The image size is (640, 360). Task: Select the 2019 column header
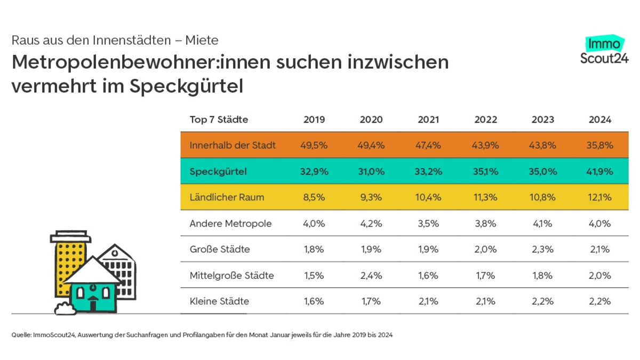(x=314, y=119)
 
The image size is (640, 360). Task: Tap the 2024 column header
(x=599, y=119)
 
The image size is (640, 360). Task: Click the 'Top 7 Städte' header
(x=219, y=119)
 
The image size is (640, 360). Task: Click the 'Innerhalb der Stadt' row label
(x=233, y=146)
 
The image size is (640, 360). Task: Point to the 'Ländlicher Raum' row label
(x=227, y=197)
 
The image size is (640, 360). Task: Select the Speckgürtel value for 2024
(x=599, y=172)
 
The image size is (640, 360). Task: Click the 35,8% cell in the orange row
(x=599, y=146)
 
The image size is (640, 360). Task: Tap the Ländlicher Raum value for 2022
(x=485, y=197)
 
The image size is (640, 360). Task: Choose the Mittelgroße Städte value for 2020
(x=371, y=276)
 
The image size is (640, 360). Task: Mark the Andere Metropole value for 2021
(x=428, y=223)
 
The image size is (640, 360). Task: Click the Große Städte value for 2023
(x=542, y=249)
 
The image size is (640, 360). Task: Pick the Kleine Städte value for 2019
(x=314, y=301)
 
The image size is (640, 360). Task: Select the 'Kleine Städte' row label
(x=219, y=301)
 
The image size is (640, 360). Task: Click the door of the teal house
(x=93, y=305)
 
